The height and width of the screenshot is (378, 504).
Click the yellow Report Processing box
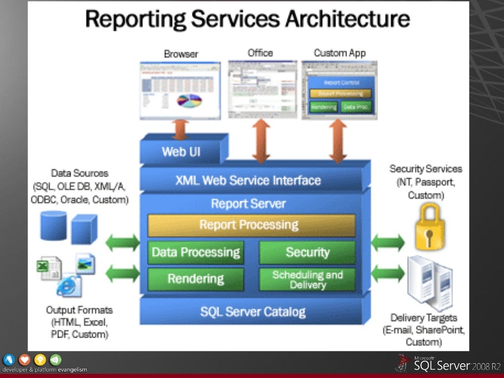tap(251, 225)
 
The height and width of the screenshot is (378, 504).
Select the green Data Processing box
tap(195, 252)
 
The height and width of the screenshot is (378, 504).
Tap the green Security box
tap(307, 252)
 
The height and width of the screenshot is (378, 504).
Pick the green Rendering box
tap(195, 279)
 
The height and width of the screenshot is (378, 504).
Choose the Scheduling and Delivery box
tap(307, 280)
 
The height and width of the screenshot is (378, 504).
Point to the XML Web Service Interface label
tap(248, 181)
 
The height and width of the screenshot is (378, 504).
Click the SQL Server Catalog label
tap(252, 312)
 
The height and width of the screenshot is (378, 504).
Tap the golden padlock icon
tap(430, 227)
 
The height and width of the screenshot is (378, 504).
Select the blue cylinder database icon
tap(53, 226)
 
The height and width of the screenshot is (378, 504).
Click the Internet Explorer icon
tap(67, 286)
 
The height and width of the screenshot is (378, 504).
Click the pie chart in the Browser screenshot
tap(189, 101)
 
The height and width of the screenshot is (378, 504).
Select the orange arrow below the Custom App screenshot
tap(338, 141)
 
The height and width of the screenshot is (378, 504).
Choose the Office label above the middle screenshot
tap(260, 53)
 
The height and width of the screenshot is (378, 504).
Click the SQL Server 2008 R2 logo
tap(448, 365)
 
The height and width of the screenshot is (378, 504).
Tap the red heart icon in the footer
tap(24, 360)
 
